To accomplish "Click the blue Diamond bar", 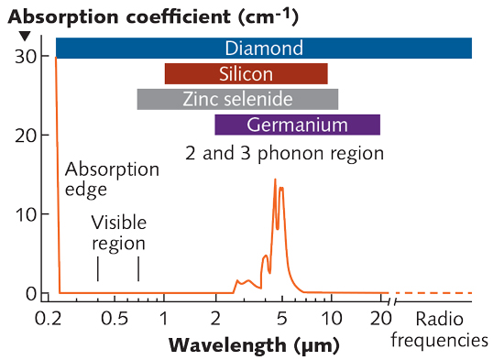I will (x=264, y=49).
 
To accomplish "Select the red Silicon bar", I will (x=246, y=74).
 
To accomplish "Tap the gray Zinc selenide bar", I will (x=237, y=99).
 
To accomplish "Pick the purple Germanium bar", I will (x=297, y=125).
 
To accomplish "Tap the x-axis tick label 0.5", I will (x=115, y=319).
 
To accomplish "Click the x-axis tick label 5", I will (x=281, y=319).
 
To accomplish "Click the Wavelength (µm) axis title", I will (x=254, y=346).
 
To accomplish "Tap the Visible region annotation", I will (x=118, y=234).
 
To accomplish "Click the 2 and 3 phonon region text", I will (x=284, y=152).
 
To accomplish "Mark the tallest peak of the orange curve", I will (x=275, y=180).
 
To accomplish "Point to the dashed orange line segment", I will (x=435, y=293).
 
